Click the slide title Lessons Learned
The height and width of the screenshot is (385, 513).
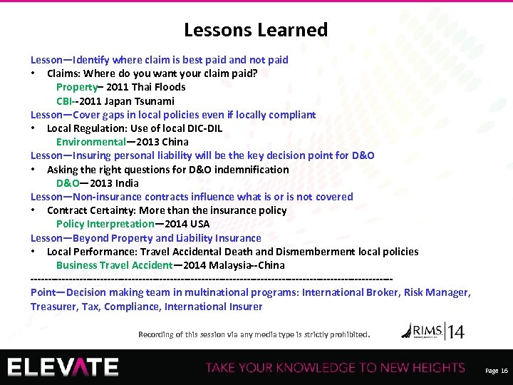(256, 30)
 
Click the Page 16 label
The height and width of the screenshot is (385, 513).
(496, 371)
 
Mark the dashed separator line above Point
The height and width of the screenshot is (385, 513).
(212, 279)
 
